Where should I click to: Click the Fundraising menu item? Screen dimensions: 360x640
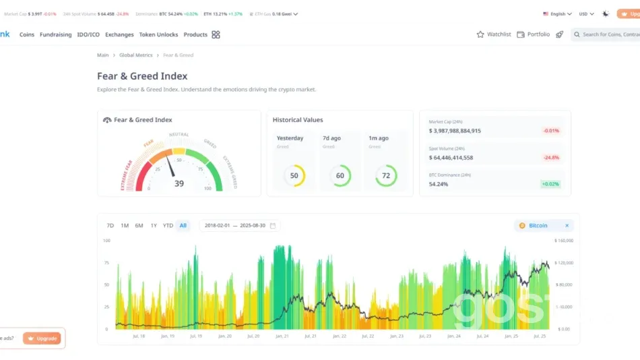(55, 34)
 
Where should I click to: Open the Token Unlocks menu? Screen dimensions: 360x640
(158, 34)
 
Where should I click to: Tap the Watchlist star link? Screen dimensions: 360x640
(494, 34)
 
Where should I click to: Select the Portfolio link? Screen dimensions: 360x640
(533, 34)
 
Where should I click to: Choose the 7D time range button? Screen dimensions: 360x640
(110, 225)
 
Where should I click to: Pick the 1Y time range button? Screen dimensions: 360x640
(154, 225)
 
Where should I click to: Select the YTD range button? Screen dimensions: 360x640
(168, 225)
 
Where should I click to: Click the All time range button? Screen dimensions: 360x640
(183, 225)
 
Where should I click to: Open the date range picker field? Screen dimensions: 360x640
(240, 225)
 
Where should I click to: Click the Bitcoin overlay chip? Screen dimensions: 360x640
(538, 226)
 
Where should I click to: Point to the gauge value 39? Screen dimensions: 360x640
(179, 183)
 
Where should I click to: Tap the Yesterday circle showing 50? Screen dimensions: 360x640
(294, 176)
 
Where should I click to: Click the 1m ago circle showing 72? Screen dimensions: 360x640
(386, 176)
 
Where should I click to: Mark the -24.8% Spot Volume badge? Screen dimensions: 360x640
(550, 158)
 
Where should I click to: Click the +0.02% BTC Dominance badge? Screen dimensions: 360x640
(550, 183)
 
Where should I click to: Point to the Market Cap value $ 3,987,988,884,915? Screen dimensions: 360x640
(455, 131)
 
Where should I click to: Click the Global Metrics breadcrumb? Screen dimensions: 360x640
(135, 55)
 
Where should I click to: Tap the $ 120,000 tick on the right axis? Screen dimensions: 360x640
(564, 262)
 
